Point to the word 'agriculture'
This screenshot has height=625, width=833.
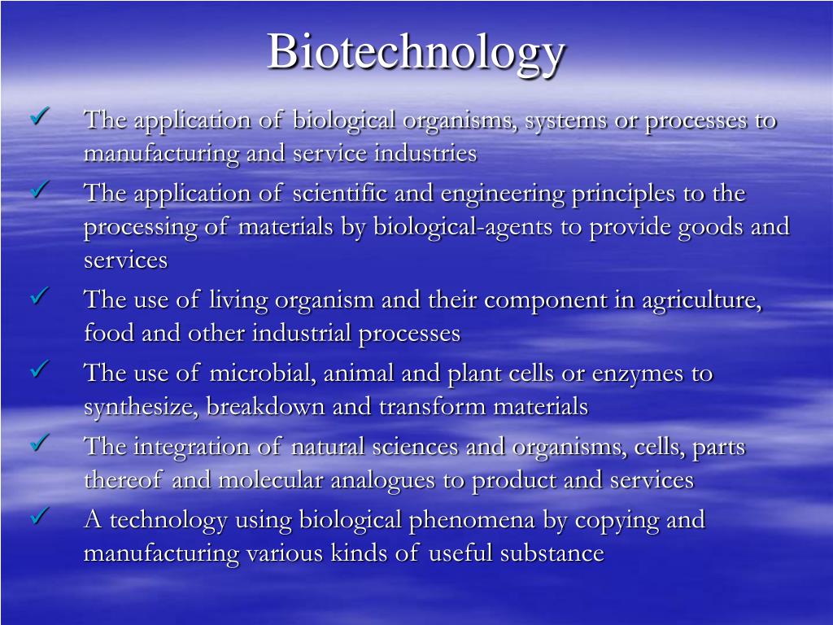coord(702,300)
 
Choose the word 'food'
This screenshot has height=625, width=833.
coord(110,334)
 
